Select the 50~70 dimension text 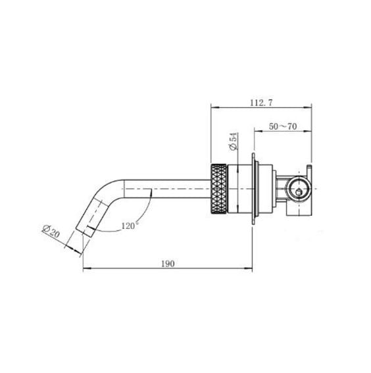(284, 126)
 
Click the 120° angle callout (131, 226)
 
